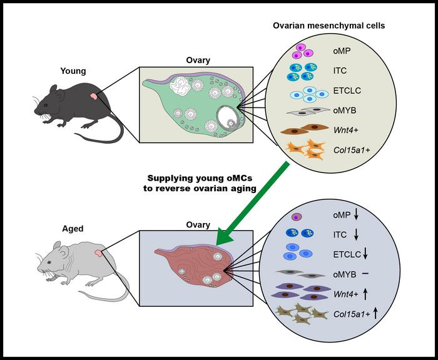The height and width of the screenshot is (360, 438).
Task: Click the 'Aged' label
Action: [x=72, y=229]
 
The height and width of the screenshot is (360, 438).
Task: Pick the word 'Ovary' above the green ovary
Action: [x=198, y=61]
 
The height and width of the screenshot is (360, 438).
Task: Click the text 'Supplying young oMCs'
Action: [x=198, y=179]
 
